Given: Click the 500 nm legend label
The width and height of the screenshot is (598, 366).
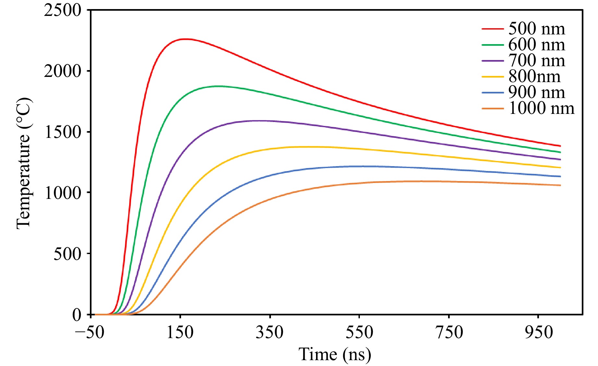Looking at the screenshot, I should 536,29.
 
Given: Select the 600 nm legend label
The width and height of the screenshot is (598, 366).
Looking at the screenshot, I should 536,45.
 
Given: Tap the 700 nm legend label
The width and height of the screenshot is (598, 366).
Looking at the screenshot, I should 536,61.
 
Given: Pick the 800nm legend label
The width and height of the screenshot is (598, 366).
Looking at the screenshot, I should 534,77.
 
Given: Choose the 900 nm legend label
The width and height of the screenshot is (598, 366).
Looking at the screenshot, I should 536,92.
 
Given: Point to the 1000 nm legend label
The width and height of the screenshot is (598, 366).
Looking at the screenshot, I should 541,108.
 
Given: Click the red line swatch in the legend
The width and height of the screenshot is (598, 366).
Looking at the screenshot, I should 493,29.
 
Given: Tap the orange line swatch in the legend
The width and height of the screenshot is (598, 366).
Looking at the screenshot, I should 493,108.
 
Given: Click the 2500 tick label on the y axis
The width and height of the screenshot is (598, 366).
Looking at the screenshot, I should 63,10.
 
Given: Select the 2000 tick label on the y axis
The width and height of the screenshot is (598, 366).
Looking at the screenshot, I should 63,71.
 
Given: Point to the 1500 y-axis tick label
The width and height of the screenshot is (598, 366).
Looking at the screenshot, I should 63,132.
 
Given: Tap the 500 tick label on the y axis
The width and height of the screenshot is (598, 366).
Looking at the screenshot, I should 67,254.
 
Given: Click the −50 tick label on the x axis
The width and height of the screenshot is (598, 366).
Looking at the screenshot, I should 90,333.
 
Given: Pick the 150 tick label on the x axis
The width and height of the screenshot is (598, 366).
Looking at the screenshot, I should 180,333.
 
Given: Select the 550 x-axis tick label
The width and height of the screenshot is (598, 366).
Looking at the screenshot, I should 359,333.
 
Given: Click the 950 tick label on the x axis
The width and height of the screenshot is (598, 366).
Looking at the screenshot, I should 539,333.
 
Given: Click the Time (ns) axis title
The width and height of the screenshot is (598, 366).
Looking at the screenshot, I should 335,354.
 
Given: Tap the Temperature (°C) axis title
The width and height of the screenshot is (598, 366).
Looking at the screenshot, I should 23,163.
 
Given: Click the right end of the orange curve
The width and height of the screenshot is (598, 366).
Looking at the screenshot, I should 560,185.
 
